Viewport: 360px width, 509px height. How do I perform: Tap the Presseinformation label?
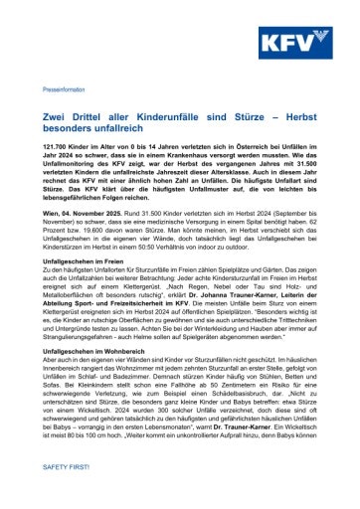[x=64, y=88]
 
